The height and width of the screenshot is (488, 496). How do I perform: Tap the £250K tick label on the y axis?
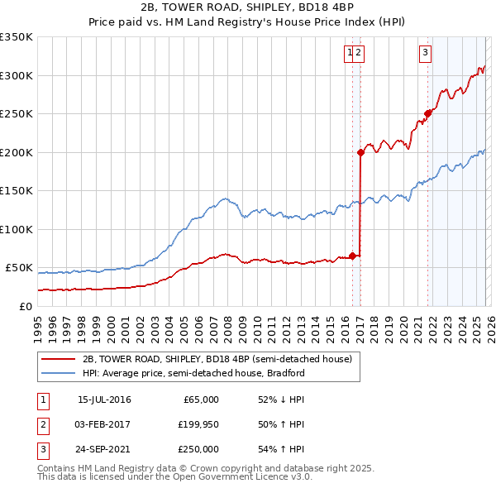click(17, 113)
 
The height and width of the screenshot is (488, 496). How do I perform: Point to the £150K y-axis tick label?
click(17, 190)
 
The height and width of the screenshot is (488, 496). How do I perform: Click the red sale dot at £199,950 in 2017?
click(361, 152)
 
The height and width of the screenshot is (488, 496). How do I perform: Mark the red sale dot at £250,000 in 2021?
click(428, 113)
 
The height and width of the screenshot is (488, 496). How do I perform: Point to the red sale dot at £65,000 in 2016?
click(353, 256)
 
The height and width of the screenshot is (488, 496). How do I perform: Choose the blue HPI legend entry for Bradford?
click(193, 373)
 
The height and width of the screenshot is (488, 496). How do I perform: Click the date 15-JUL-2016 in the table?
click(104, 399)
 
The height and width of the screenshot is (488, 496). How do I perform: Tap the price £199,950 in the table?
click(198, 424)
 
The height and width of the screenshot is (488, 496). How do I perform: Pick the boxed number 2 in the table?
click(41, 424)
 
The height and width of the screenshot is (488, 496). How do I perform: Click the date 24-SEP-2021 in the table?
click(104, 449)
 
